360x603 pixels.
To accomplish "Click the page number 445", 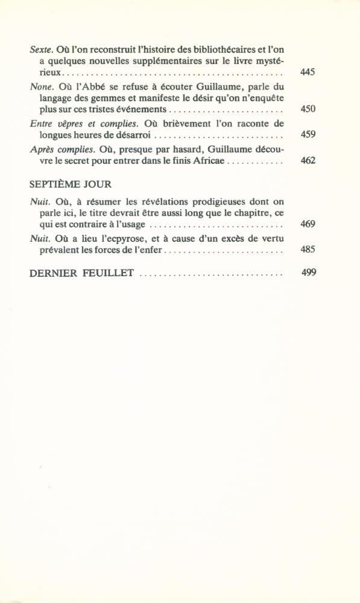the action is [308, 72].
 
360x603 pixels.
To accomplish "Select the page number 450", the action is [308, 109].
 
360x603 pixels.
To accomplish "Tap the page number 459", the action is [308, 134].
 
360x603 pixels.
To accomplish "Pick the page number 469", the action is [308, 224].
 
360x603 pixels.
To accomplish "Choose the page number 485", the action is [308, 249].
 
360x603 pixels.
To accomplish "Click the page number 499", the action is [308, 273].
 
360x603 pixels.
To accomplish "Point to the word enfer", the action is [150, 250].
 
